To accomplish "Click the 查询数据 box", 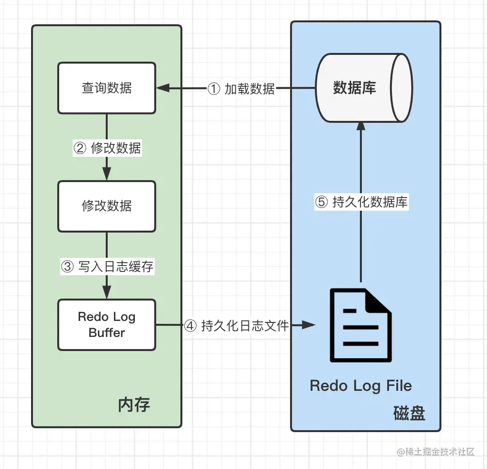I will (x=107, y=88).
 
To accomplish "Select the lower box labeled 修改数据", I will (x=107, y=206).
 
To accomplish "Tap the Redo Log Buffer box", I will (x=107, y=324).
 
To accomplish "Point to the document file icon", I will (x=360, y=325).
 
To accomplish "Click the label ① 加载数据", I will (x=241, y=89).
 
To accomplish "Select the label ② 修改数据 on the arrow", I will (x=107, y=148).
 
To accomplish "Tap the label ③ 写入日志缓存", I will (x=107, y=266).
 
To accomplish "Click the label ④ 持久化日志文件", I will (x=237, y=326).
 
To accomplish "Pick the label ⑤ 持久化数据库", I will (x=361, y=201).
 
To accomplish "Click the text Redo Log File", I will (x=361, y=386).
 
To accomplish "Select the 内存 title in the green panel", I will (x=134, y=404).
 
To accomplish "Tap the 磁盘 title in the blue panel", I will (x=409, y=413).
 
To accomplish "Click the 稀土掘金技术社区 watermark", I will (x=435, y=452).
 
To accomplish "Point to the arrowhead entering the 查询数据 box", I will (x=162, y=88).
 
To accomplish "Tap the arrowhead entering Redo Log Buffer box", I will (x=107, y=294).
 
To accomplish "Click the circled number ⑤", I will (x=322, y=202).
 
